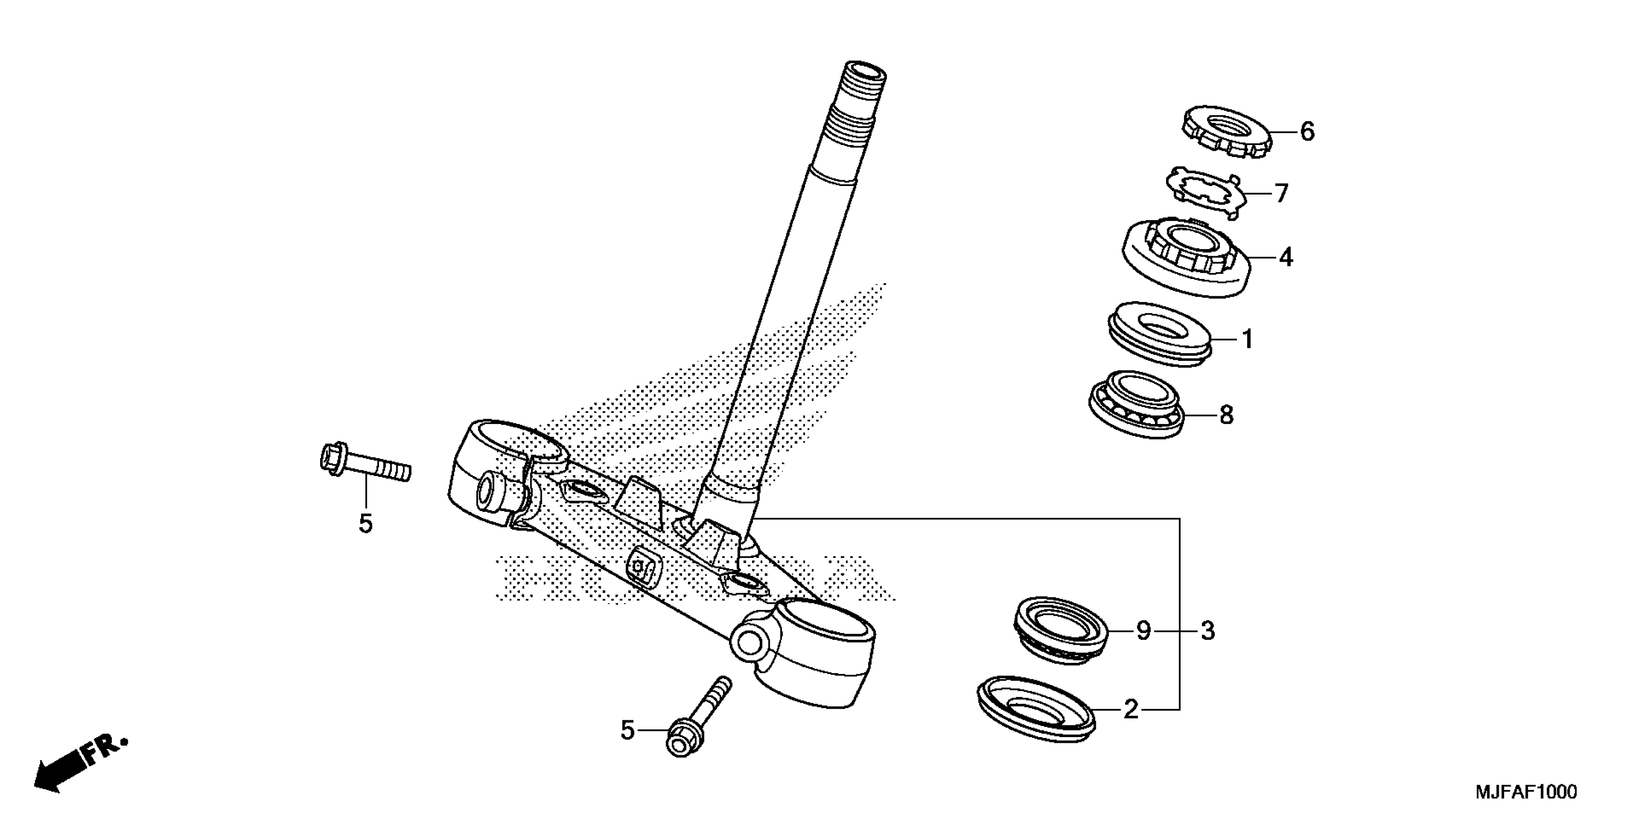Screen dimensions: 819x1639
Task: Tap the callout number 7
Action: pyautogui.click(x=1281, y=193)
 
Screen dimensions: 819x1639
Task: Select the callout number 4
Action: pyautogui.click(x=1286, y=258)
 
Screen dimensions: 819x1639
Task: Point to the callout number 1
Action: pyautogui.click(x=1248, y=340)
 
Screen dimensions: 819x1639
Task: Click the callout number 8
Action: pyautogui.click(x=1226, y=415)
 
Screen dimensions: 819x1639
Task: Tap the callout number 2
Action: pyautogui.click(x=1130, y=710)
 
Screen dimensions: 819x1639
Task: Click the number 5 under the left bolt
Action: pyautogui.click(x=365, y=524)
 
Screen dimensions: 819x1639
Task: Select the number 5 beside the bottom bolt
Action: pyautogui.click(x=627, y=731)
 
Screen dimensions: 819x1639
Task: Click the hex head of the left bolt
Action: pyautogui.click(x=333, y=457)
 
